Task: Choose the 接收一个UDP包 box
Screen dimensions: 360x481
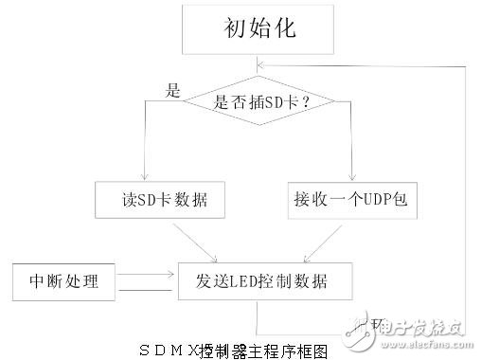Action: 349,200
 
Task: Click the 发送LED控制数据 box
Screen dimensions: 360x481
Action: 257,280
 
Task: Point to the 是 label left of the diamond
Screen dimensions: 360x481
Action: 172,91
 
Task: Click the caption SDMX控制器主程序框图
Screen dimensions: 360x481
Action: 243,349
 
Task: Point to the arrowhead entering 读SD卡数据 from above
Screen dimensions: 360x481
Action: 143,178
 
